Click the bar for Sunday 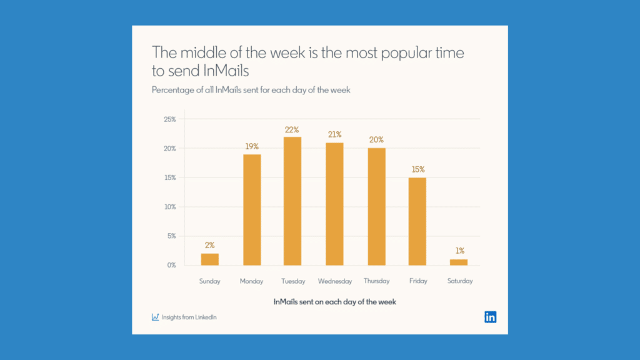pos(210,259)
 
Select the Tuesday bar pos(292,201)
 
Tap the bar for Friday pos(417,221)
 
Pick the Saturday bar pos(459,262)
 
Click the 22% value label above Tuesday pos(292,129)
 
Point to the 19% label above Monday pos(251,147)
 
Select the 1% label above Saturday pos(459,251)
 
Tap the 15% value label pos(417,169)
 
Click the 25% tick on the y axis pos(169,119)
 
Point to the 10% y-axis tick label pos(169,207)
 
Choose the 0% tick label pos(171,265)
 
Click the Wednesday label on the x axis pos(334,281)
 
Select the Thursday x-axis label pos(376,281)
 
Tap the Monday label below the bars pos(251,281)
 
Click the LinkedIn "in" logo pos(491,317)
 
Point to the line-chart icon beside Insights pos(156,317)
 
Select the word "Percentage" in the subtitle pos(172,89)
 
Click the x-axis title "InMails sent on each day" pos(334,302)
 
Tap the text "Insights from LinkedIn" pos(189,317)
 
